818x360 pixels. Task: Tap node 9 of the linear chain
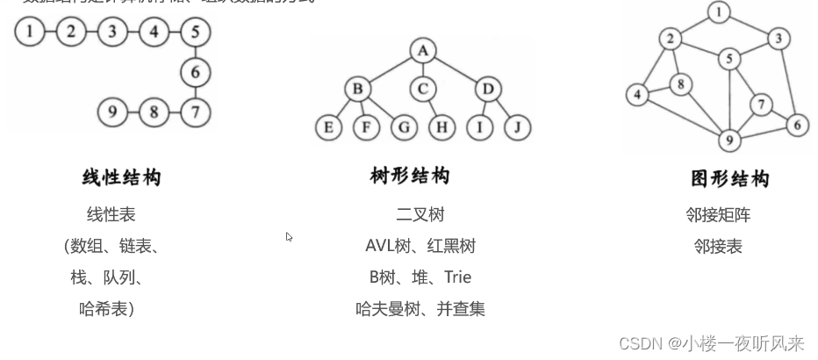(111, 112)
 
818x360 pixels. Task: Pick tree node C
(423, 89)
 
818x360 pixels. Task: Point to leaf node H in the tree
(442, 128)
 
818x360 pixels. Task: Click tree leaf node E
(328, 128)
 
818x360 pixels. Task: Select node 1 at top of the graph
(720, 12)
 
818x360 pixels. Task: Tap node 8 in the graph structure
(680, 85)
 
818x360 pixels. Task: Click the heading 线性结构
(122, 178)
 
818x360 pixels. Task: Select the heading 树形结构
(410, 176)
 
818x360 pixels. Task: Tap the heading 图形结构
(730, 179)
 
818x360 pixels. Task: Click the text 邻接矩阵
(718, 215)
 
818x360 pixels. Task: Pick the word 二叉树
(420, 215)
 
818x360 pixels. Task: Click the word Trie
(457, 277)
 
